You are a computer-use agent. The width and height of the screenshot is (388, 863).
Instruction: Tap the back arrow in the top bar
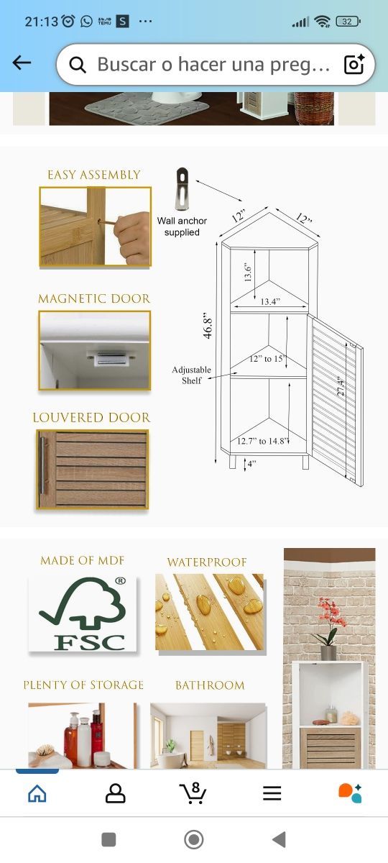pos(22,63)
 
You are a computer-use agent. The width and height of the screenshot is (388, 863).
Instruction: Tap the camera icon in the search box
pos(354,65)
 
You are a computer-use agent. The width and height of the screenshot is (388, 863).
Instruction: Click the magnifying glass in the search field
pos(78,65)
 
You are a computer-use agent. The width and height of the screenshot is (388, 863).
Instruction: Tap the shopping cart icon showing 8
pos(193,792)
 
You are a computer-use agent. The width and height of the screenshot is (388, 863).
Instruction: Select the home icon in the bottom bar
pos(37,793)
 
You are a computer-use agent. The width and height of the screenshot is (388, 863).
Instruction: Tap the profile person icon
pos(115,793)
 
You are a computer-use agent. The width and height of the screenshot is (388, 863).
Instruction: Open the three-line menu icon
pos(272,793)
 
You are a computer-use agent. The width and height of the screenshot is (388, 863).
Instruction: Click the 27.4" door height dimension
pos(341,385)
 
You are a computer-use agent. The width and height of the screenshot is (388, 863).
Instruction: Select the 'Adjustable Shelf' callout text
pos(191,375)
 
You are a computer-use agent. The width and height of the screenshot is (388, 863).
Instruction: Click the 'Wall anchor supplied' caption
pos(182,227)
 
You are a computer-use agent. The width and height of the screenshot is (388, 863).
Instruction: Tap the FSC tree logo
pos(80,613)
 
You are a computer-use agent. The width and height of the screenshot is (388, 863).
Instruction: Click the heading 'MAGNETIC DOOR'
pos(94,298)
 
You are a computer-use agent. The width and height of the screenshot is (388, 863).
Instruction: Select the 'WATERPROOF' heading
pos(207,562)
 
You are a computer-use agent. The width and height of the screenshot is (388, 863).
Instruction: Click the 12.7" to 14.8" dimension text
pos(263,441)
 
